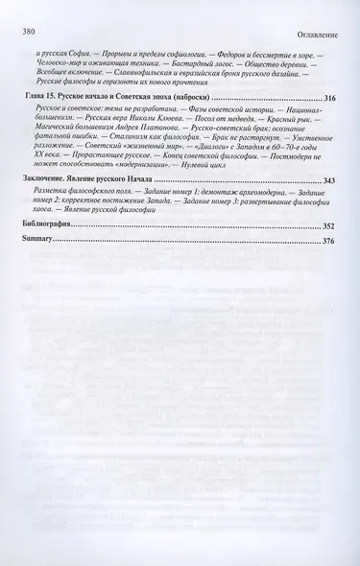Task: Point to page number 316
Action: (x=330, y=98)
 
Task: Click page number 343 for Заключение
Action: (x=330, y=180)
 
